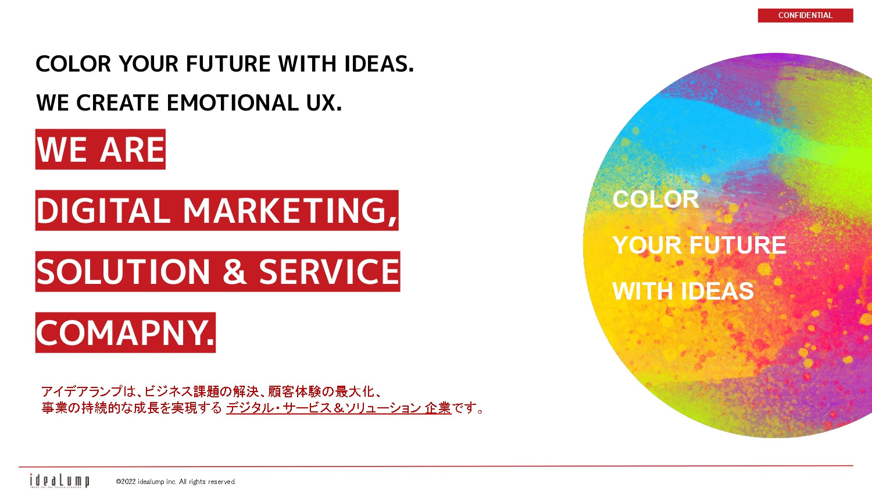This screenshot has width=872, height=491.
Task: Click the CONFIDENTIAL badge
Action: tap(805, 16)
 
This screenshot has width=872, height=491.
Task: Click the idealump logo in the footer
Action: tap(59, 481)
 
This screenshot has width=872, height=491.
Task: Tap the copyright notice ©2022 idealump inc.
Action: tap(176, 482)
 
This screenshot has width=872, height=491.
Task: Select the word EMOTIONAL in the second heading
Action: tap(232, 103)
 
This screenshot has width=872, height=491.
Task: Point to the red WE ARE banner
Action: tap(101, 150)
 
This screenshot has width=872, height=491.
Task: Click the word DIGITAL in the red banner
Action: tap(103, 211)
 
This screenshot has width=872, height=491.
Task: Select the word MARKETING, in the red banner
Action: tap(290, 211)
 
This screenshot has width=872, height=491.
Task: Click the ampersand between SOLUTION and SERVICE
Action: tap(234, 272)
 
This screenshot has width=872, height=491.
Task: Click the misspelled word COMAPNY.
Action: tap(125, 333)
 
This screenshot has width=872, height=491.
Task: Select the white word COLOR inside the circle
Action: tap(655, 200)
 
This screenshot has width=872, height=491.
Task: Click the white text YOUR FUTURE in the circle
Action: tap(699, 245)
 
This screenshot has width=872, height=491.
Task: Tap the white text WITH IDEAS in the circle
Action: tap(682, 291)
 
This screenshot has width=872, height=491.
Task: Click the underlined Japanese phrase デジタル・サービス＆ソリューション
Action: tap(323, 408)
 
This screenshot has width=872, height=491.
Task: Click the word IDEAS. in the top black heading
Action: tap(379, 64)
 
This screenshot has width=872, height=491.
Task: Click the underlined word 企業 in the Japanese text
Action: tap(438, 408)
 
